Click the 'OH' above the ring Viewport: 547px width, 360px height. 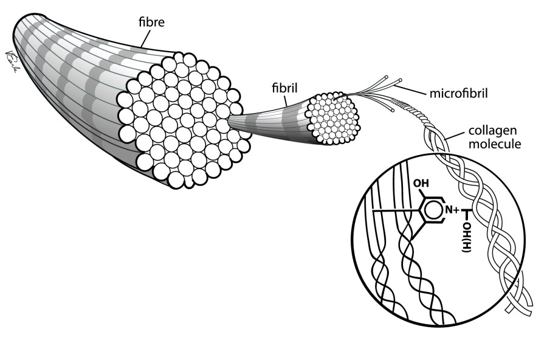424,183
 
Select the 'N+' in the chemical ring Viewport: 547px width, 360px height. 453,210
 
